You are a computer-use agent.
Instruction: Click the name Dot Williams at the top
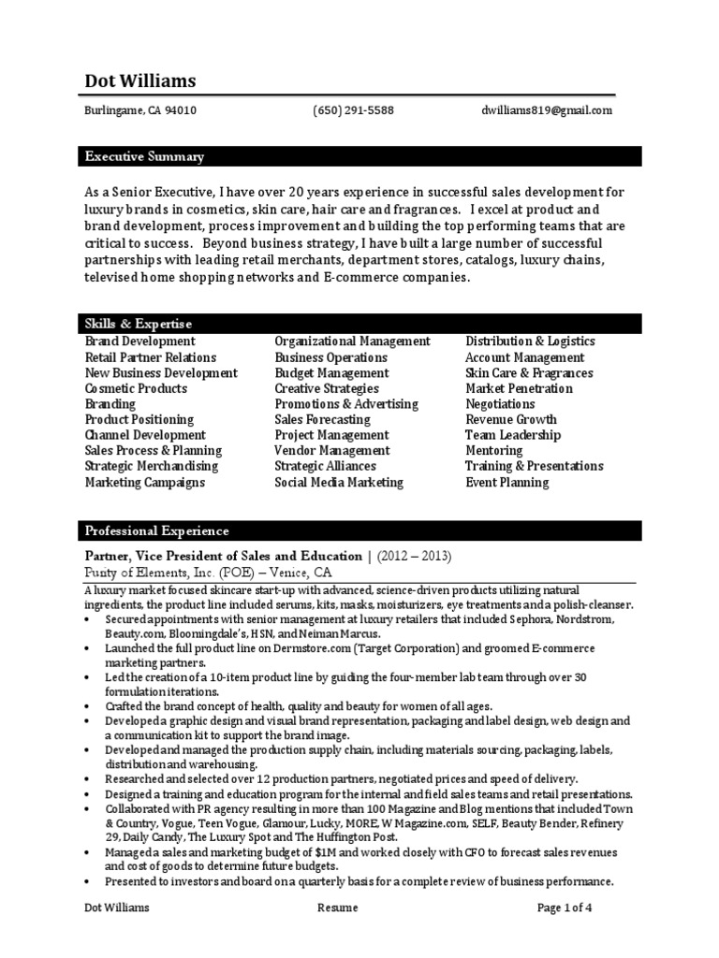point(140,81)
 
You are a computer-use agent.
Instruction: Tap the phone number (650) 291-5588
point(353,110)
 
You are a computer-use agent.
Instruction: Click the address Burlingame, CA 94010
point(140,110)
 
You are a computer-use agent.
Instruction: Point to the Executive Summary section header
point(144,156)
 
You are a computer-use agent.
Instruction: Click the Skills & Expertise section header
point(138,324)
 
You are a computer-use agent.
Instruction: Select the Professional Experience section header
point(156,531)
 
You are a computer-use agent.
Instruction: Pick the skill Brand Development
point(140,341)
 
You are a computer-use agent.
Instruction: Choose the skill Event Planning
point(506,483)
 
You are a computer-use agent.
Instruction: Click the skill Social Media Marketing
point(339,483)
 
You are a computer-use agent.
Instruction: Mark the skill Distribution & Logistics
point(530,341)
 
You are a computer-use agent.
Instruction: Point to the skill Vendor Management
point(331,451)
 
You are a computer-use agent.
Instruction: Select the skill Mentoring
point(494,451)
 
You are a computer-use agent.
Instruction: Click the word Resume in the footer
point(337,907)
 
